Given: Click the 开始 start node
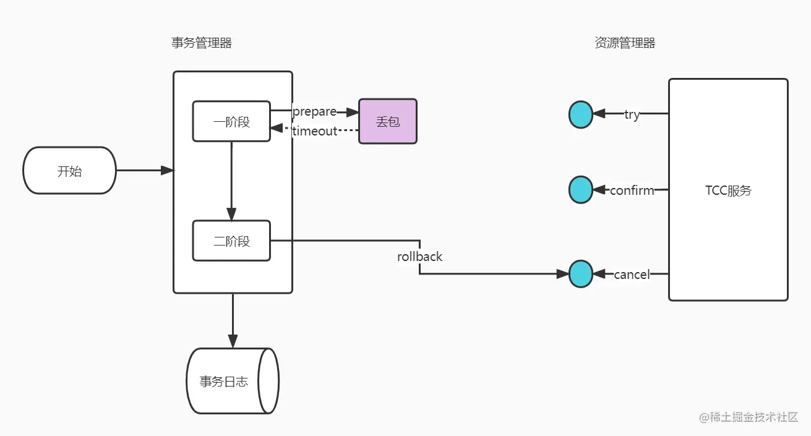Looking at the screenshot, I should pos(69,171).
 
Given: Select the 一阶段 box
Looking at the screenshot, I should pos(231,122).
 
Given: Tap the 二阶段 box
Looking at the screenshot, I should pos(231,241).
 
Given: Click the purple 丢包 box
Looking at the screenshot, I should pos(388,121).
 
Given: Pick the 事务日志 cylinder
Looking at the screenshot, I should pos(224,382).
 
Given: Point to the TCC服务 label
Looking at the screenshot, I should pos(728,190).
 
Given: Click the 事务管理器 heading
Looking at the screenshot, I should pos(202,43).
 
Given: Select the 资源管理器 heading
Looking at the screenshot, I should pos(625,43).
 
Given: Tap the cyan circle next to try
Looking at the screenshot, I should pos(581,114).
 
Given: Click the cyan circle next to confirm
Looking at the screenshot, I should pos(581,190).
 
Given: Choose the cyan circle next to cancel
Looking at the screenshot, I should pos(581,273).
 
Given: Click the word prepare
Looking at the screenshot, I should pos(314,112).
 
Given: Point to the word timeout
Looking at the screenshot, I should pos(315,130).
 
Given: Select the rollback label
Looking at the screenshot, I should pos(419,256).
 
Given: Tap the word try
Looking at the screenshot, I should pos(632,114).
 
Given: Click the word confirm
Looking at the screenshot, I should pos(632,190).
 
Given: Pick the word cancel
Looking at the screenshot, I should pos(632,274).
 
